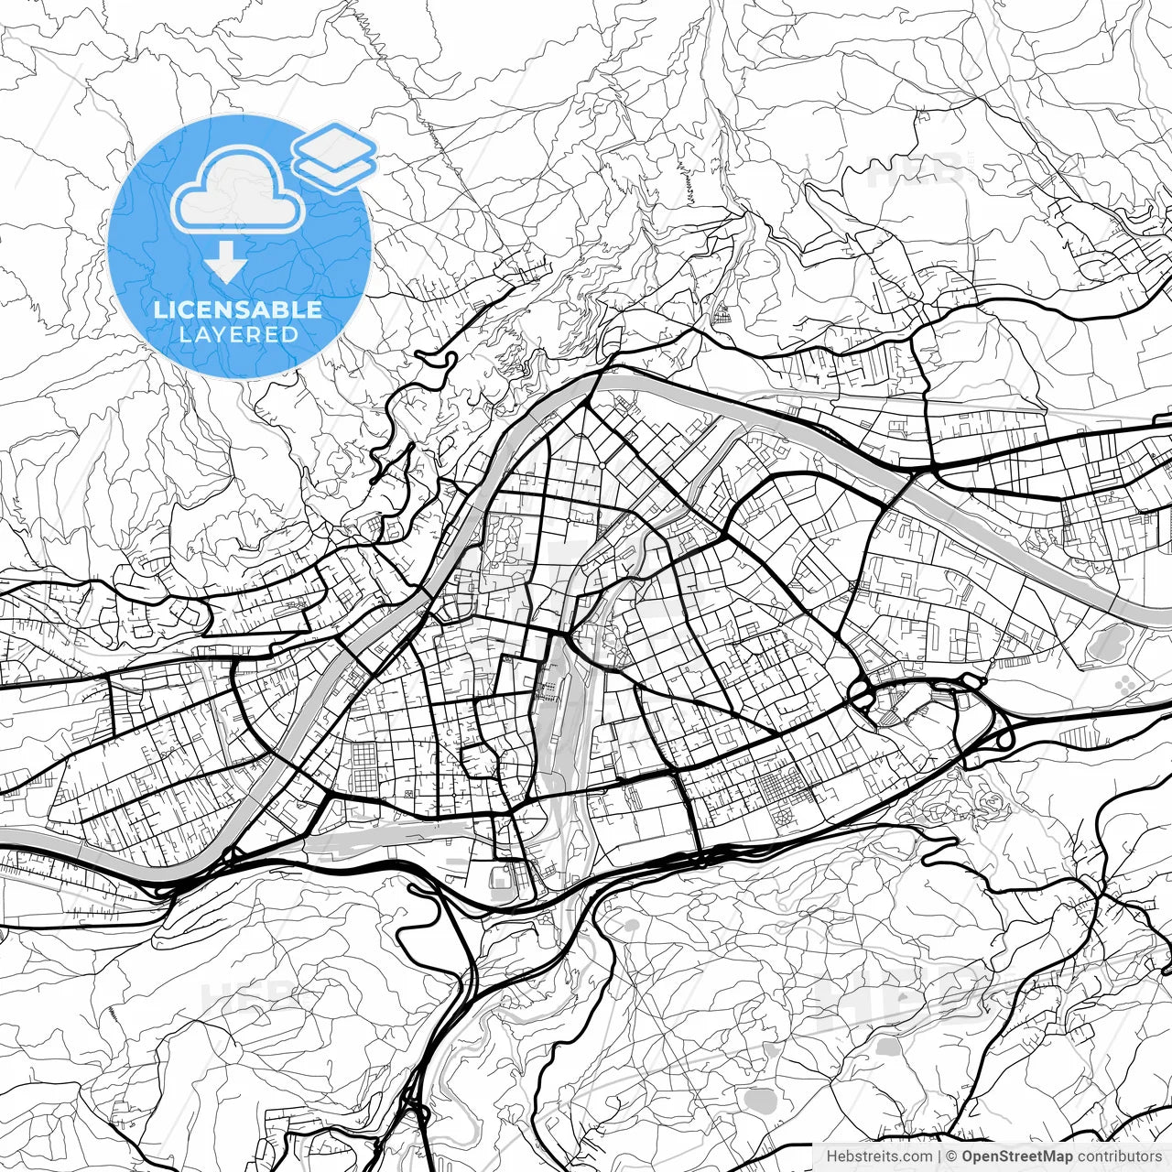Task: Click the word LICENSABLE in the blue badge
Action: tap(238, 309)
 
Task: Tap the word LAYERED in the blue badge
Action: tap(238, 334)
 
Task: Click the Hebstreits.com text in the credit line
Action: tap(879, 1156)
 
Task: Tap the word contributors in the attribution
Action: tap(1119, 1156)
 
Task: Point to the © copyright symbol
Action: tap(952, 1156)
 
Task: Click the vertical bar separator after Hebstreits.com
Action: tap(939, 1156)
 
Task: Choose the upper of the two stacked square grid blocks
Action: tap(364, 755)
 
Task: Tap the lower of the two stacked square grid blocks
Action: tap(364, 784)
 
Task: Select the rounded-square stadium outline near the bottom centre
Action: tap(501, 880)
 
